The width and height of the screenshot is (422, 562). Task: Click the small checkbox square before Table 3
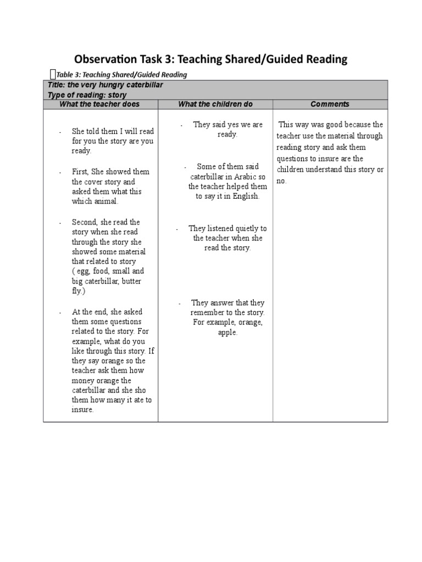tap(52, 74)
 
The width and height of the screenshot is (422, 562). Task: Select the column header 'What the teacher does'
tap(99, 104)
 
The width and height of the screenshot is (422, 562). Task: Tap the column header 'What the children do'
tap(215, 104)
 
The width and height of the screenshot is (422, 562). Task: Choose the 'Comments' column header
tap(330, 104)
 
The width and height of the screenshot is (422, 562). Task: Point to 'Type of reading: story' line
tap(87, 95)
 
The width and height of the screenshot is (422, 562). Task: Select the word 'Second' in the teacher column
tap(84, 222)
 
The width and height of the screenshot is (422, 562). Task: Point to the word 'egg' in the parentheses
tap(81, 272)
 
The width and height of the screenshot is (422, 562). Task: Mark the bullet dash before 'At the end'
tap(60, 312)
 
